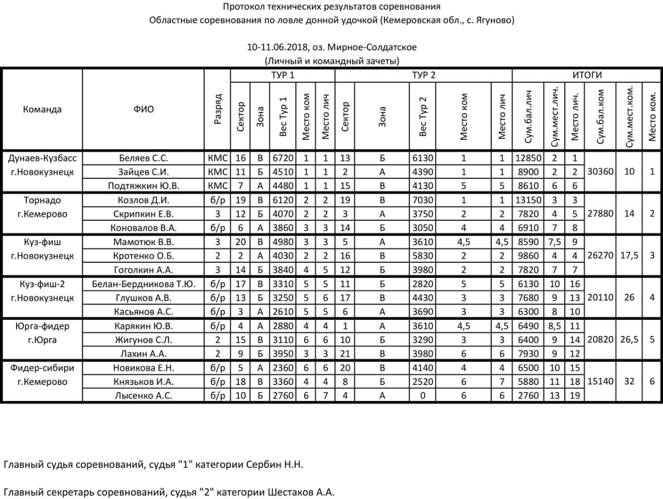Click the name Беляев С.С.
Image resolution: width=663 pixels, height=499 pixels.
[x=143, y=158]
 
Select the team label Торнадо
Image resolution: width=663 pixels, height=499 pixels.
[x=42, y=200]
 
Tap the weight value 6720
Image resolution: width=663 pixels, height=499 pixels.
[x=283, y=158]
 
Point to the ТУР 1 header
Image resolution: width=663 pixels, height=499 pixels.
[x=282, y=75]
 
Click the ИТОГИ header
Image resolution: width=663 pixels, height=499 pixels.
[x=586, y=75]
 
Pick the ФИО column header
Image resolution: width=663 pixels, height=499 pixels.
[x=143, y=109]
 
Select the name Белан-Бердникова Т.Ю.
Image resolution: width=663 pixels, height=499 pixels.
[x=143, y=284]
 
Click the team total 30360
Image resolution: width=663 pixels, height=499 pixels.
[x=600, y=172]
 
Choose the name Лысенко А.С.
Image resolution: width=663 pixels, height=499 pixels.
[x=143, y=396]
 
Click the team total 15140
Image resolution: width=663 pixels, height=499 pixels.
[x=600, y=381]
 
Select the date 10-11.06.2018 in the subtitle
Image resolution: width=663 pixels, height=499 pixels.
[x=277, y=47]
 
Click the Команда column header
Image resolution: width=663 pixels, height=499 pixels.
[x=42, y=109]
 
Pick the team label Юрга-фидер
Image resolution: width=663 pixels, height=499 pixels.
[x=42, y=326]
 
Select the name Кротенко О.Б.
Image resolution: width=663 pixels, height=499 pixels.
[x=143, y=256]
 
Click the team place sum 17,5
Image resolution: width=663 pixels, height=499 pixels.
[x=629, y=255]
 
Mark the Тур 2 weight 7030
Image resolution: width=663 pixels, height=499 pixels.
[x=423, y=200]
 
